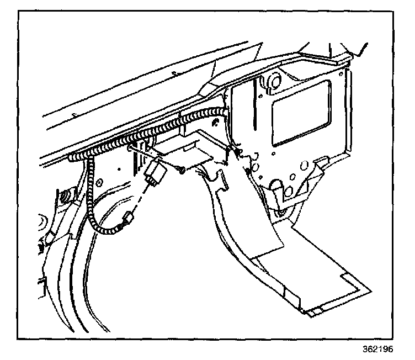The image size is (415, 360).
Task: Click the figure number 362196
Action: point(385,350)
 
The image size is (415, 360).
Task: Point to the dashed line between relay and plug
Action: point(141,195)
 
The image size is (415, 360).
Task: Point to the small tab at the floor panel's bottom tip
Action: point(313,314)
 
